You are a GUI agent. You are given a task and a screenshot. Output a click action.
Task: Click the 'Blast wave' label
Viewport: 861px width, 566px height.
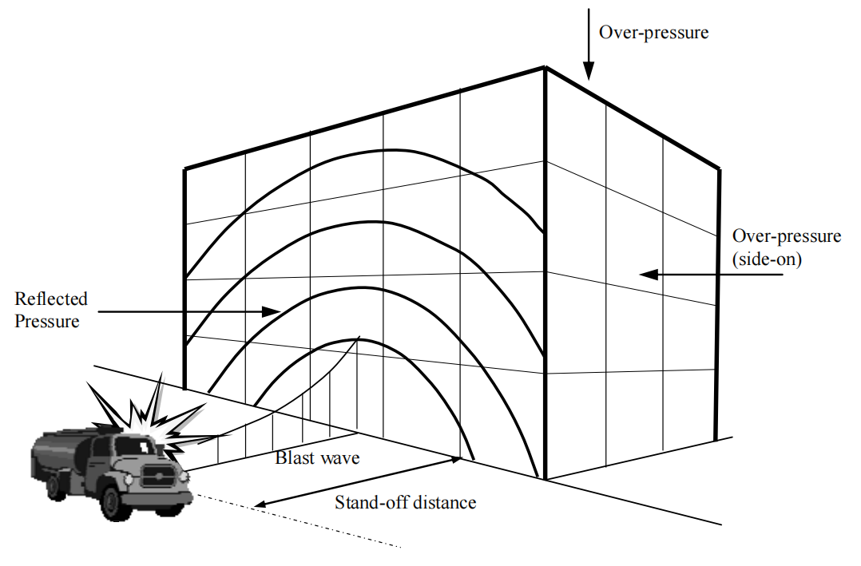click(x=317, y=457)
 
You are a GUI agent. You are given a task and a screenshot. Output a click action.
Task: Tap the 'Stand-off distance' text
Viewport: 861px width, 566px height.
click(x=405, y=502)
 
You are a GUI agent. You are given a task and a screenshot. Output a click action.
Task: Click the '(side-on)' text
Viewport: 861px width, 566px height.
click(x=767, y=259)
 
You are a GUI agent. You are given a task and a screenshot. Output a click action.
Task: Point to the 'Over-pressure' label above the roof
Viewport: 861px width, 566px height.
click(x=653, y=32)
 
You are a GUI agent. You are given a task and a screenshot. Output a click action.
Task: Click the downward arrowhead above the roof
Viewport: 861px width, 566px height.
click(x=588, y=71)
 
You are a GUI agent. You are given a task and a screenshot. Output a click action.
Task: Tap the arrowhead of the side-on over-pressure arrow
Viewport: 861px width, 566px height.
click(x=649, y=274)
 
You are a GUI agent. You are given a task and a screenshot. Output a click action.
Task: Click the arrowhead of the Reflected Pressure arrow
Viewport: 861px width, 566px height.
click(x=272, y=312)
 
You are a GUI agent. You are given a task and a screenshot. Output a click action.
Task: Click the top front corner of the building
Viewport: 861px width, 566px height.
click(x=546, y=68)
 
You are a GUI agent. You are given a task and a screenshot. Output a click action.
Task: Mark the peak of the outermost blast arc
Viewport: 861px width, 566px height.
click(x=391, y=150)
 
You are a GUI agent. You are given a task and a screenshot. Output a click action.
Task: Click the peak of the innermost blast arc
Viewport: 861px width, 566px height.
click(x=346, y=341)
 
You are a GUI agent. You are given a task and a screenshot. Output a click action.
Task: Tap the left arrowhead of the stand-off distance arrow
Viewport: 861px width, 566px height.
click(x=259, y=504)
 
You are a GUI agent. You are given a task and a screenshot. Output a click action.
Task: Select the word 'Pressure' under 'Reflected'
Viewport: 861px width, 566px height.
click(x=46, y=321)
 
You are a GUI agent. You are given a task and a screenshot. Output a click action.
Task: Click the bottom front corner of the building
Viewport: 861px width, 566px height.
click(x=546, y=479)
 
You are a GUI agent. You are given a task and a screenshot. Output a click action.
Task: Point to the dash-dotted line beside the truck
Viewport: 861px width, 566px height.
click(x=300, y=521)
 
